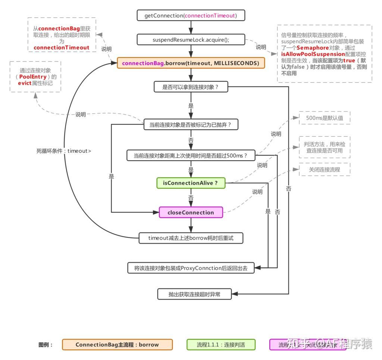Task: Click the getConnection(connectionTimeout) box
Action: [x=191, y=16]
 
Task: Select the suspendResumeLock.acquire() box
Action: [x=191, y=40]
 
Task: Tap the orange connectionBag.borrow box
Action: [x=191, y=63]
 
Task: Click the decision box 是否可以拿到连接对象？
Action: [x=191, y=87]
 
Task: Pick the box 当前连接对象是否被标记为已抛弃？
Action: [x=191, y=124]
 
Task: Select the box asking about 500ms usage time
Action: [x=191, y=155]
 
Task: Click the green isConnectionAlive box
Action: [x=191, y=183]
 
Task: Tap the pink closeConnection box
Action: [x=191, y=212]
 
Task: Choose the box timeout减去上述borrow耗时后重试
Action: [x=191, y=238]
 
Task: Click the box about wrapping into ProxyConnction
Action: [x=191, y=268]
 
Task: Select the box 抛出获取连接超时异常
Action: [x=194, y=294]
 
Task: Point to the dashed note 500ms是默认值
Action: [x=325, y=118]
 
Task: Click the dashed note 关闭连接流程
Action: [x=325, y=170]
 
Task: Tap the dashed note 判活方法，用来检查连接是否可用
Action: [x=325, y=147]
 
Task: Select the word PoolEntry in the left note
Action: [x=33, y=77]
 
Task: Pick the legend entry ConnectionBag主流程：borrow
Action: [x=117, y=345]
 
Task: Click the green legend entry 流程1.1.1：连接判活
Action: [x=221, y=345]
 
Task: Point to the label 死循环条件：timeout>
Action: [x=63, y=151]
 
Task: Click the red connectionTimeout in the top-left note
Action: [x=62, y=47]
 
